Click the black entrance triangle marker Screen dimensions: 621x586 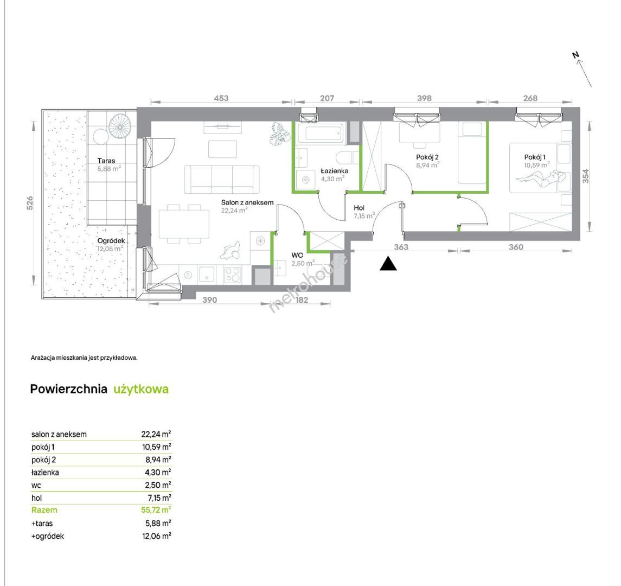tap(388, 264)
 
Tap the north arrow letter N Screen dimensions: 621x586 tap(576, 55)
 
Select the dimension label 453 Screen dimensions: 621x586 tap(221, 98)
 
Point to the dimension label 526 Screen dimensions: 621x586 tap(30, 203)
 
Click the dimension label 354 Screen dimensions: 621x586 tap(585, 176)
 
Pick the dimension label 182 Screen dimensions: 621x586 tap(302, 300)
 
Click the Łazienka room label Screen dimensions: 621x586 tap(334, 171)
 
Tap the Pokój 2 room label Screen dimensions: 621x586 tap(427, 157)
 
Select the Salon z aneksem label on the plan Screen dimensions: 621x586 tap(247, 202)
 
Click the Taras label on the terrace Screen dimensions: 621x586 tap(106, 161)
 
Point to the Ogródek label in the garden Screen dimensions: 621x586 tap(111, 241)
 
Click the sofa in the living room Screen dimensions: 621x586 tap(222, 179)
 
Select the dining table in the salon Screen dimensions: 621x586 tap(184, 224)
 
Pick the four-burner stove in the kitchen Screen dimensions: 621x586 tap(233, 274)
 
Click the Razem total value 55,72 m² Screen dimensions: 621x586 tap(156, 510)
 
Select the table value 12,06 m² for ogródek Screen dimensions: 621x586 tap(156, 536)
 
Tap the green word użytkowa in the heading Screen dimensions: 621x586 tap(141, 389)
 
